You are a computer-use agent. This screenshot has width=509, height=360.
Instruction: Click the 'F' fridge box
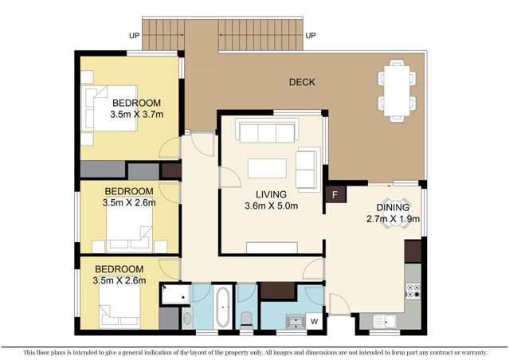pyautogui.click(x=335, y=194)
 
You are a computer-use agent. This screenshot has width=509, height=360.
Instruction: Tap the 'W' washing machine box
pyautogui.click(x=314, y=321)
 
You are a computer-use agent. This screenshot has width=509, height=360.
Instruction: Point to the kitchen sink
pyautogui.click(x=389, y=321)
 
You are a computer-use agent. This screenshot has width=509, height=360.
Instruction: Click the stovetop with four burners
pyautogui.click(x=413, y=294)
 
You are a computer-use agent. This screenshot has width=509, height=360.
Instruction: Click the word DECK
pyautogui.click(x=303, y=82)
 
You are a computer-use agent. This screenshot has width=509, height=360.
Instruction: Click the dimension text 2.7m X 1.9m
pyautogui.click(x=393, y=219)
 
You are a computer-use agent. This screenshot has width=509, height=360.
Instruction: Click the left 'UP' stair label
pyautogui.click(x=135, y=35)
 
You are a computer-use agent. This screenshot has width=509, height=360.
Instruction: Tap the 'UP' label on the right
pyautogui.click(x=310, y=35)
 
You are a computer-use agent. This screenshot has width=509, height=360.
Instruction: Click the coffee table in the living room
pyautogui.click(x=266, y=168)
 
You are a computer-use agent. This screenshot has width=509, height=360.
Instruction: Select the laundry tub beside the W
pyautogui.click(x=292, y=321)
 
